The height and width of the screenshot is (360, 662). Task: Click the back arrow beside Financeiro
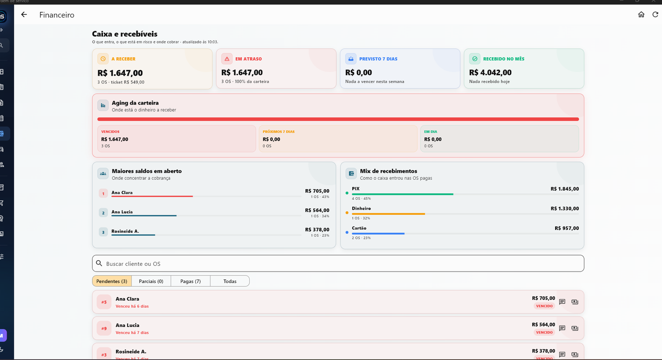tap(24, 15)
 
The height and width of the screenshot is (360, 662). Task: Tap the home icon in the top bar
tap(641, 15)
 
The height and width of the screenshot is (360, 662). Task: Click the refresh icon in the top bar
tap(655, 15)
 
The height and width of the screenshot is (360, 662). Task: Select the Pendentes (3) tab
tap(112, 281)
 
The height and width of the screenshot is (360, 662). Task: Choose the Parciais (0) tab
tap(151, 281)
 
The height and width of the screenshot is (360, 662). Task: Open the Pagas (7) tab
tap(190, 281)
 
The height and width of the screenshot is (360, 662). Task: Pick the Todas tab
tap(230, 281)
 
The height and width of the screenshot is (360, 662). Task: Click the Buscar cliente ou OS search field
tap(338, 263)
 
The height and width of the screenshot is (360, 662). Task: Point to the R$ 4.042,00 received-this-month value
tap(490, 72)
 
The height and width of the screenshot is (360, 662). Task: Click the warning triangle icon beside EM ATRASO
tap(227, 59)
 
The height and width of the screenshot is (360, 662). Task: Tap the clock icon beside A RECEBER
tap(103, 59)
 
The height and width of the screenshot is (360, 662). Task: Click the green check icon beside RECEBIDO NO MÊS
tap(475, 59)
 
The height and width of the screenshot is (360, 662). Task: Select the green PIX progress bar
tap(402, 194)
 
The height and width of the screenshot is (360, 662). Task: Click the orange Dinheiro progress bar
tap(388, 214)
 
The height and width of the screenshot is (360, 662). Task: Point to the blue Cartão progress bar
tap(378, 234)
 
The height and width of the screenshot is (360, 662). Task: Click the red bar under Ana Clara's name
tap(152, 196)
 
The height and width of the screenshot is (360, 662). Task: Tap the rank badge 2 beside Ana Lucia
tap(103, 212)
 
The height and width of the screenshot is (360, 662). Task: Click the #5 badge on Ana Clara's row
tap(104, 302)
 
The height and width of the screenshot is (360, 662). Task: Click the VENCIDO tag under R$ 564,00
tap(544, 332)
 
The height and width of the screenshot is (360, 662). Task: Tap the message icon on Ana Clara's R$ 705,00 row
tap(562, 302)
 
